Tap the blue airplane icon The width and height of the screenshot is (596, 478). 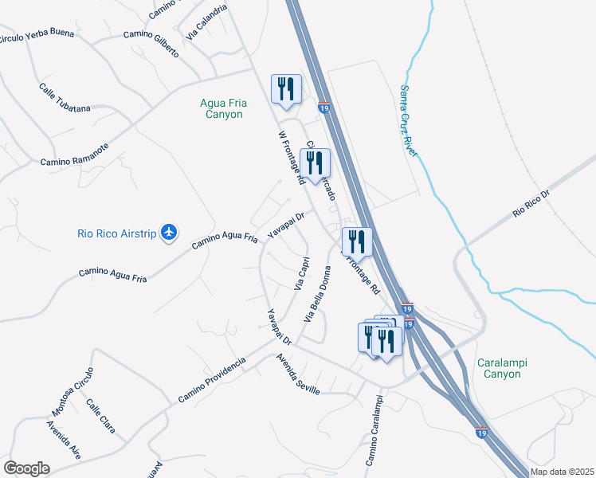pos(168,232)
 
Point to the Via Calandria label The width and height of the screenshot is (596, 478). pos(206,22)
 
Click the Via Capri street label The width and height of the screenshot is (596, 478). pos(302,273)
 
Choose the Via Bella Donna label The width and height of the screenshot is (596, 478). pos(316,293)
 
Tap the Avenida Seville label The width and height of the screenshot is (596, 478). pos(298,374)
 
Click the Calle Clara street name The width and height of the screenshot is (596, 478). pos(101,416)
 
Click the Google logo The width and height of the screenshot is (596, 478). pos(26,468)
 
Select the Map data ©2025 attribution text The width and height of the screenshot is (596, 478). pos(563,472)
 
